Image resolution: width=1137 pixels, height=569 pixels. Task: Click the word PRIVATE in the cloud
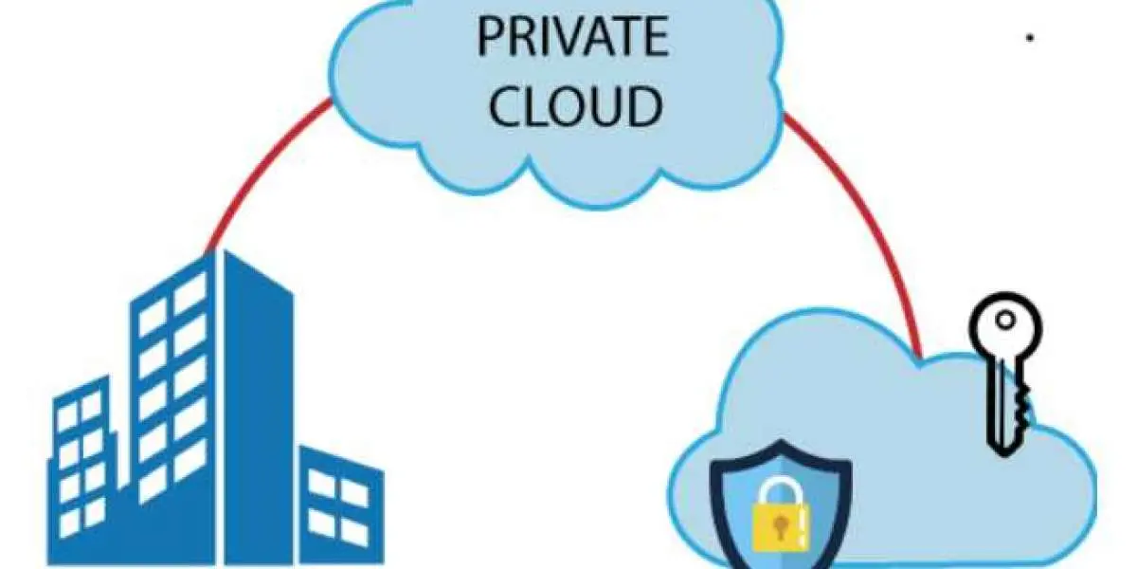(x=573, y=37)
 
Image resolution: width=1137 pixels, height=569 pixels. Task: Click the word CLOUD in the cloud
(x=576, y=106)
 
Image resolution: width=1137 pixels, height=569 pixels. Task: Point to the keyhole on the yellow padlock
(x=780, y=527)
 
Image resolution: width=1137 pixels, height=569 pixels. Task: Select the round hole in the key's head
(x=1005, y=321)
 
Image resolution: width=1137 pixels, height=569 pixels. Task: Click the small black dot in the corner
(x=1030, y=37)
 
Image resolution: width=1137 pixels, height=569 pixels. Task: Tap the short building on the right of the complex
(x=341, y=505)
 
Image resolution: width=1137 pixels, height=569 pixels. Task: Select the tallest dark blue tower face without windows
(x=258, y=407)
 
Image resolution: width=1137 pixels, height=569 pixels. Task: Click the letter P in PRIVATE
(x=491, y=37)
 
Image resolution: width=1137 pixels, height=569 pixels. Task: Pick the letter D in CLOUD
(x=643, y=106)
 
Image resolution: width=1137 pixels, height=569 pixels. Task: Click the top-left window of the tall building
(x=152, y=316)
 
